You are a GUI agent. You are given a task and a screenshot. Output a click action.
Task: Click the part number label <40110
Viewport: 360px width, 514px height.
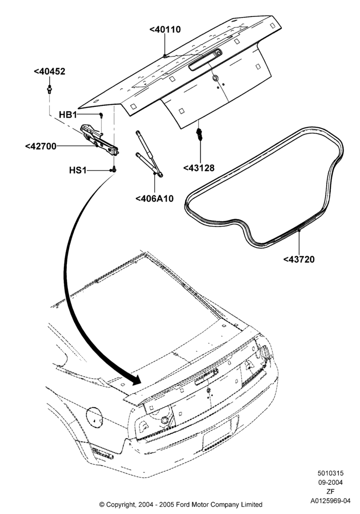[165, 29]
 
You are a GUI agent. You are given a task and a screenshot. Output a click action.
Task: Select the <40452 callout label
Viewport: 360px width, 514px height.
[49, 71]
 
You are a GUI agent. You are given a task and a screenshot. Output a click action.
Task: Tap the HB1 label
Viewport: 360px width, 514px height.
[68, 115]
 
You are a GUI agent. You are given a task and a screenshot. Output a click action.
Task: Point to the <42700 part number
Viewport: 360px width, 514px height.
[41, 146]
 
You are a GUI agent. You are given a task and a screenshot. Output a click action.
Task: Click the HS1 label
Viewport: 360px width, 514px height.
[78, 171]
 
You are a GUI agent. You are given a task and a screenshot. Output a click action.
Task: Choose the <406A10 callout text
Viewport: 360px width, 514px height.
[154, 198]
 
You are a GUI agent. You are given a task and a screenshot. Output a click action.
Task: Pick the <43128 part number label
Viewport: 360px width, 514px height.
[199, 168]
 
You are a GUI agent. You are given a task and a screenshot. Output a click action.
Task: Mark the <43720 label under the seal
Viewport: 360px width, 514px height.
[299, 259]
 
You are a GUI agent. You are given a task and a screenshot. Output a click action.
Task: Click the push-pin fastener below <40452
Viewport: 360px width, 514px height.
[49, 89]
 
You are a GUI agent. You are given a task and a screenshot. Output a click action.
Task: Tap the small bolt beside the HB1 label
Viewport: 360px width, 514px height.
[101, 115]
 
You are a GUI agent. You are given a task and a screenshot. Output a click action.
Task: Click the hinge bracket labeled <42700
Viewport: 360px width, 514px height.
[100, 140]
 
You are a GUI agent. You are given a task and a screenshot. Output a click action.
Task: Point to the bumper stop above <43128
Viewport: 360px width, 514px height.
[199, 134]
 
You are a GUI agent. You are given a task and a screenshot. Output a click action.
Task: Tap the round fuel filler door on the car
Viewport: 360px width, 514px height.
[94, 418]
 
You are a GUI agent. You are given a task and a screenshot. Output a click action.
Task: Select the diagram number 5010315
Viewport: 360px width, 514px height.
[330, 473]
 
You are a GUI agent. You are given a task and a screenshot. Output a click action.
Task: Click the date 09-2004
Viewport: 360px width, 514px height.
[330, 483]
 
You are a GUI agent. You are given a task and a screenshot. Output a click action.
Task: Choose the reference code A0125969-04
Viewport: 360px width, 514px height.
[330, 501]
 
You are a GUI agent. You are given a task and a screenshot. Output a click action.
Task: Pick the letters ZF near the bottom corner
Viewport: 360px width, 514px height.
[330, 492]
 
